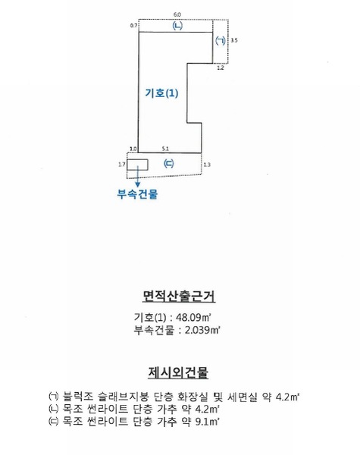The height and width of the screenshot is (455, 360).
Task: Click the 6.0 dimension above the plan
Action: [177, 14]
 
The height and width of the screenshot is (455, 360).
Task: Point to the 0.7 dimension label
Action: [133, 26]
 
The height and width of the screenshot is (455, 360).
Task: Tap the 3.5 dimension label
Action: [234, 40]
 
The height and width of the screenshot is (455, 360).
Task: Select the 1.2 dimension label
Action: [221, 68]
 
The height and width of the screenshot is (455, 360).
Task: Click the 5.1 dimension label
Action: [165, 149]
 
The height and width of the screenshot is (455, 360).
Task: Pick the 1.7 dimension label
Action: [122, 165]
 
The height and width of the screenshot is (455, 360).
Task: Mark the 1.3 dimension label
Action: [207, 165]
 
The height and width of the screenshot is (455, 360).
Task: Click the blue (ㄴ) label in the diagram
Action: [177, 26]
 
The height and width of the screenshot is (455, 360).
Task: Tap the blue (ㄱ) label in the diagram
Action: [221, 40]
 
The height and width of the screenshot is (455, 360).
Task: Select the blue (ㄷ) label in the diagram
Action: [168, 164]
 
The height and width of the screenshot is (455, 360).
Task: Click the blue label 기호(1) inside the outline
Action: [161, 93]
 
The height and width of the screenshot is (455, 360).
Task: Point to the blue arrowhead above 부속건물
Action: [138, 184]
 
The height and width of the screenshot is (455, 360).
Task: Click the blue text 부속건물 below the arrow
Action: [137, 194]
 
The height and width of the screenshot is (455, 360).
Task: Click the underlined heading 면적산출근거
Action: [179, 297]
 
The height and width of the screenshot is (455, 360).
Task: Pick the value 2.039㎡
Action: [202, 330]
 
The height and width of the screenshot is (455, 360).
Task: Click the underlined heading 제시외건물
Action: [178, 372]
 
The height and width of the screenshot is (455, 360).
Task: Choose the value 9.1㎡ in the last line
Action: [207, 422]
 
